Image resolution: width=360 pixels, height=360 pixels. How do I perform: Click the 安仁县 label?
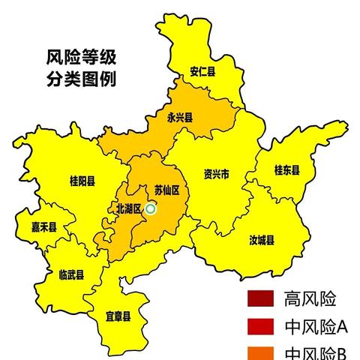tap(202, 73)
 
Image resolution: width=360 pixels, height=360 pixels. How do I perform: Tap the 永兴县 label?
tap(180, 118)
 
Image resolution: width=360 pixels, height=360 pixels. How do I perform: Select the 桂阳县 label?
tap(82, 181)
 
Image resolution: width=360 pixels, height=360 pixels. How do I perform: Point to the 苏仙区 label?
tap(166, 190)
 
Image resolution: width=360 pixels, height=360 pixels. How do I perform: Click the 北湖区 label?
tap(128, 208)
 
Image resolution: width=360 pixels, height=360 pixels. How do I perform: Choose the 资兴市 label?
tap(217, 175)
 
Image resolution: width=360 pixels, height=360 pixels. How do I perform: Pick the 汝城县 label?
tap(262, 240)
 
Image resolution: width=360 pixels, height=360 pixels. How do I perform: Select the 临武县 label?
tap(71, 274)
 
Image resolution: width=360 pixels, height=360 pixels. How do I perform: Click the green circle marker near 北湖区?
tap(151, 209)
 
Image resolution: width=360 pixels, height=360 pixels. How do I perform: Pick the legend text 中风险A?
tap(316, 327)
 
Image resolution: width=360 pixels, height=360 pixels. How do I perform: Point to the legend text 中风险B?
tap(316, 352)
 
